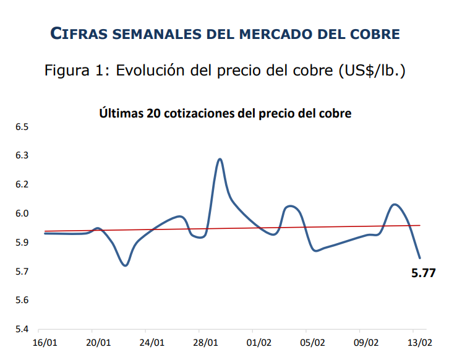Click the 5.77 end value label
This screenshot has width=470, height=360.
click(423, 272)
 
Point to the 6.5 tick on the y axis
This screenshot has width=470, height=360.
click(22, 127)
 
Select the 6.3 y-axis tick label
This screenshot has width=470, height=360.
click(22, 155)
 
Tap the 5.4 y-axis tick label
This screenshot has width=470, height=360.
click(22, 329)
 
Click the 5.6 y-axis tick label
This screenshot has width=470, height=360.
click(22, 300)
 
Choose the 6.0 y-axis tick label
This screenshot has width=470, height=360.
click(22, 213)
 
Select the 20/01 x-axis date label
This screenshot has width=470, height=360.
click(98, 343)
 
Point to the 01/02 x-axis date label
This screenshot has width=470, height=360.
click(259, 343)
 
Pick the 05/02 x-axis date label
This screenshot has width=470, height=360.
click(313, 343)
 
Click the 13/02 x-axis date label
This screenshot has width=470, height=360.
click(421, 343)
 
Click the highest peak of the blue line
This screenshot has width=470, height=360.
click(220, 159)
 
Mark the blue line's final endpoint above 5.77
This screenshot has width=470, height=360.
click(420, 258)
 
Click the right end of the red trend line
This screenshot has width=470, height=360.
click(420, 225)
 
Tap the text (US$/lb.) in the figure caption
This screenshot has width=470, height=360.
click(372, 71)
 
